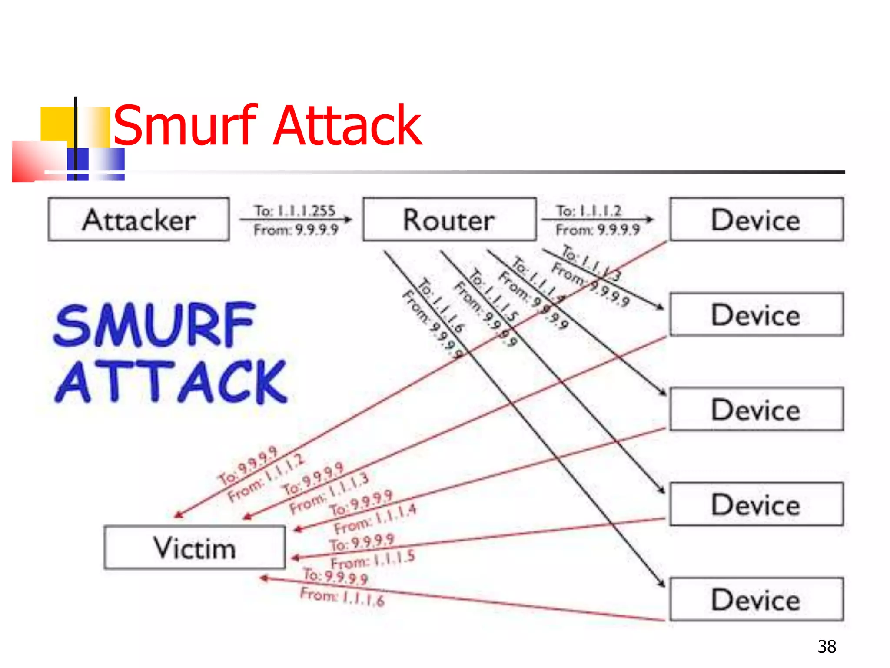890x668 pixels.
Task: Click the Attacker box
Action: point(139,220)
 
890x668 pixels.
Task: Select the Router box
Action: point(449,220)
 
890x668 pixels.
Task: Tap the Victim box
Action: point(195,548)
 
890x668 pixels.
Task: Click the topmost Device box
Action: point(756,220)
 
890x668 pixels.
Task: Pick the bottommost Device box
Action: point(756,599)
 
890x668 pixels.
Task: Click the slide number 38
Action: point(827,647)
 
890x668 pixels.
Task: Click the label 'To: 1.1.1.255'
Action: point(295,211)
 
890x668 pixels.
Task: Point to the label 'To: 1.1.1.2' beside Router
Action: point(589,211)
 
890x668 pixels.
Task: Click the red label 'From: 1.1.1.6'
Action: point(342,597)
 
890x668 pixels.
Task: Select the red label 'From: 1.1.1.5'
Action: point(373,559)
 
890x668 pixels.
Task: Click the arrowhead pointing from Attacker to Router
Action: point(348,220)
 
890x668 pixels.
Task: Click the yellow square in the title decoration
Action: point(56,124)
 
